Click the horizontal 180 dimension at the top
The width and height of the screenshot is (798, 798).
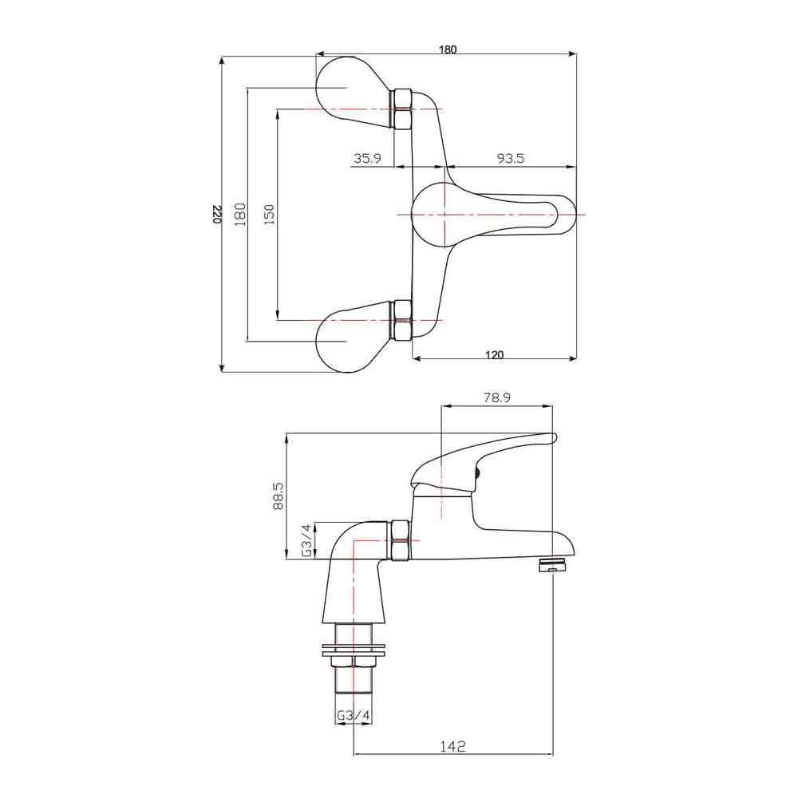448,49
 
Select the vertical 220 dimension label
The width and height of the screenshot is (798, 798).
216,214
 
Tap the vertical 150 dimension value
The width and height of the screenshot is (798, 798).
269,213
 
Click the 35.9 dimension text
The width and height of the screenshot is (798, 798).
367,159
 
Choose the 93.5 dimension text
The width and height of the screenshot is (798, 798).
510,159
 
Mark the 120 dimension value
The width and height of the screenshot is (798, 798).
494,356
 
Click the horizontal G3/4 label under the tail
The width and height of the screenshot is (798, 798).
353,716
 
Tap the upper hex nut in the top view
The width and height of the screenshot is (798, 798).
402,109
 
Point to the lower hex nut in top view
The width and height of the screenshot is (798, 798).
402,320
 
